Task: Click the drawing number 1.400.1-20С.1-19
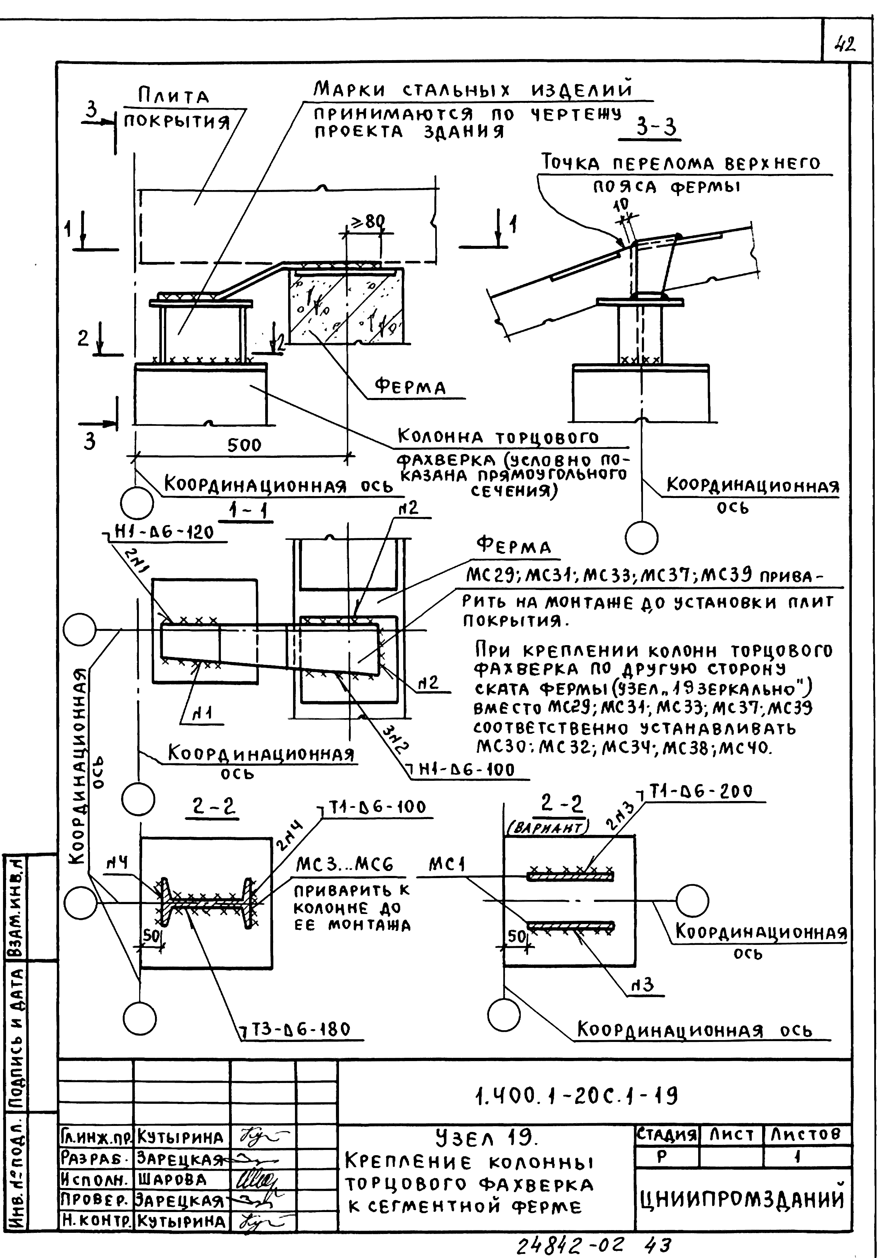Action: tap(577, 1096)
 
